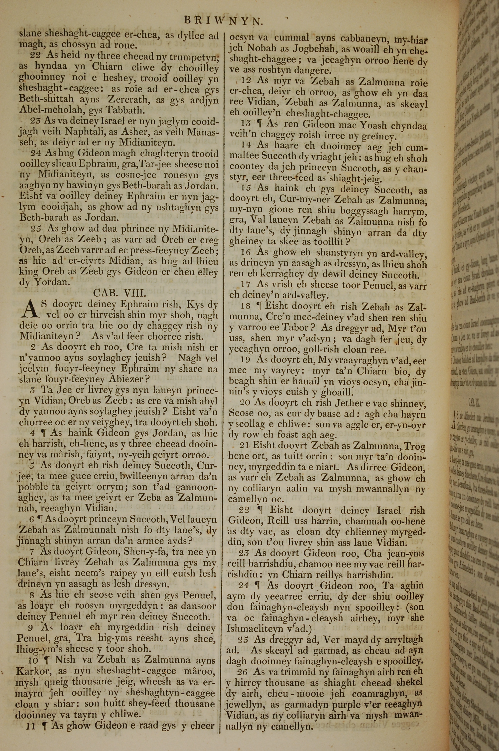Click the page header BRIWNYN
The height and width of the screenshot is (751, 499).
coord(223,21)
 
